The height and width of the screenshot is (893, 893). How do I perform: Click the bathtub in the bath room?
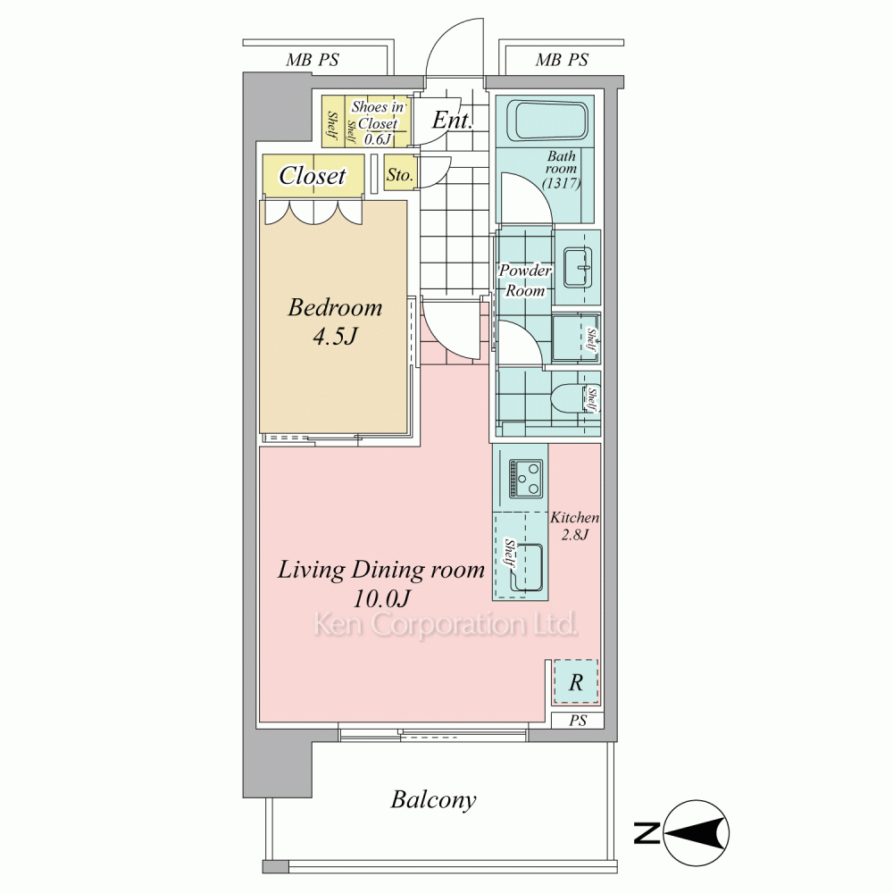point(550,121)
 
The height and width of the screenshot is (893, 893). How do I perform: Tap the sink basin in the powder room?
point(578,267)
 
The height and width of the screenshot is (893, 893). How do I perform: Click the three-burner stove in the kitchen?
point(526,478)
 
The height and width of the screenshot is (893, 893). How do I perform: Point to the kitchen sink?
point(524,567)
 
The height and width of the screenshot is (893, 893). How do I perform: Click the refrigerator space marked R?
point(576,681)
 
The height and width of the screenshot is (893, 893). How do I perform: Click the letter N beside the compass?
point(647,834)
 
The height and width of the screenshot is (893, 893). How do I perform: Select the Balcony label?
point(433,799)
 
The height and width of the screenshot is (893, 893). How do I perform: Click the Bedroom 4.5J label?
point(335,321)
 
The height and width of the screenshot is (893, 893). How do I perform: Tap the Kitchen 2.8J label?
point(574,526)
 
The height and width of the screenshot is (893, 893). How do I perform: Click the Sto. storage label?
point(400,175)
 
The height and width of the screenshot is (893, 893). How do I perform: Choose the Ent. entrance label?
point(452,120)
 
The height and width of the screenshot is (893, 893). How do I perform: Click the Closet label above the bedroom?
point(312,175)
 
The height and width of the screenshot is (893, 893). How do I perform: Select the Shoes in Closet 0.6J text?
point(378,123)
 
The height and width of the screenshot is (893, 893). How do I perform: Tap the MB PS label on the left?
point(312,60)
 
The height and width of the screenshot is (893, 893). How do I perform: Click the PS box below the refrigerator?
point(578,721)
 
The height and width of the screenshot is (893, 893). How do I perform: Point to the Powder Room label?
point(526,280)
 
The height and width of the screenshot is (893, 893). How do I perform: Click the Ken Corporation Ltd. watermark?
point(446,625)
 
